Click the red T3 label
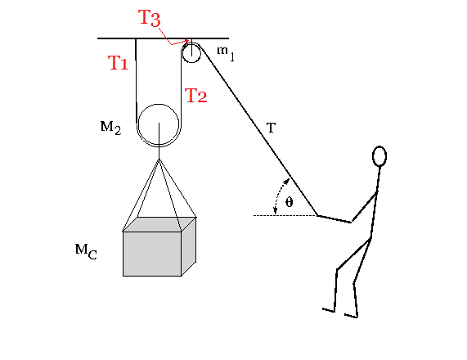pos(150,18)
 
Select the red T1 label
pos(118,63)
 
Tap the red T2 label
pos(195,96)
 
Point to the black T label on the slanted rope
pos(271,128)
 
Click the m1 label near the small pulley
pos(226,53)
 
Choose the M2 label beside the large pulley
pos(110,128)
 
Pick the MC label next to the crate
pos(86,251)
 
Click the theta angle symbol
pos(289,202)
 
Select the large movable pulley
pos(159,104)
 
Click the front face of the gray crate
pos(152,254)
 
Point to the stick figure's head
pos(379,155)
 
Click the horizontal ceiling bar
pos(164,38)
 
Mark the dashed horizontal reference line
pos(285,215)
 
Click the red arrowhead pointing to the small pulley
pos(186,41)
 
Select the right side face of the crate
pos(189,247)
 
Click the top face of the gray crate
pos(159,224)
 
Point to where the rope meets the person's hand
pos(317,215)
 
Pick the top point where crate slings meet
pos(159,160)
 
